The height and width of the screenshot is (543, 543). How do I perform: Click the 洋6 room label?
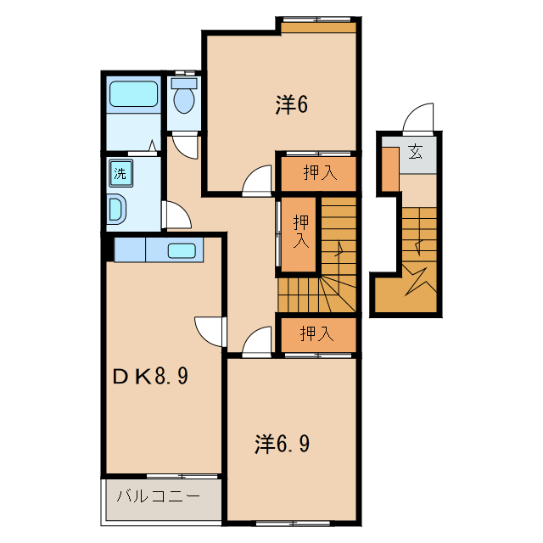click(x=290, y=104)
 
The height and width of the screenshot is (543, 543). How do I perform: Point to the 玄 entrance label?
click(x=416, y=153)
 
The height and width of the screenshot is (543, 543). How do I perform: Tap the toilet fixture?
click(x=183, y=99)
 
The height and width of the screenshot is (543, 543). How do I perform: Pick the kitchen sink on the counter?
click(x=183, y=250)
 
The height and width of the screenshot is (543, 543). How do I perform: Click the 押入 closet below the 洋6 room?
click(x=319, y=173)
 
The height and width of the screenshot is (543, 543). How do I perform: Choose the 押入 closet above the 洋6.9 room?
click(x=318, y=334)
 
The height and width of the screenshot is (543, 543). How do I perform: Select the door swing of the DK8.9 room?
click(x=209, y=329)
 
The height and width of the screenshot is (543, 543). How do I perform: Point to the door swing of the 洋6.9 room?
click(x=255, y=343)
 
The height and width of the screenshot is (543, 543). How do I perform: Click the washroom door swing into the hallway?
click(x=176, y=216)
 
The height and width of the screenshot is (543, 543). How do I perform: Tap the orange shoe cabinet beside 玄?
click(x=389, y=168)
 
